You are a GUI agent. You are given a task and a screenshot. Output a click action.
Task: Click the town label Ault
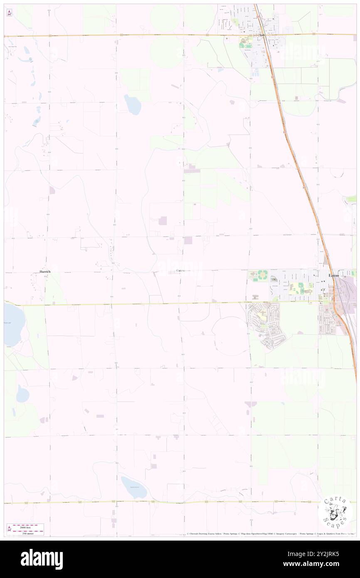tap(262, 35)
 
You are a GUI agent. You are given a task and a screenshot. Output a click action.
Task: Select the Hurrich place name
tap(45, 272)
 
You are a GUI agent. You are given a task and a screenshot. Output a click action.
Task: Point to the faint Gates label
tap(180, 271)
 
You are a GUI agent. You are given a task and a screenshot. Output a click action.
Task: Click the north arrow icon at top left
tap(9, 13)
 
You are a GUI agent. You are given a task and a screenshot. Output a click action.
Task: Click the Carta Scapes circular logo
tap(335, 511)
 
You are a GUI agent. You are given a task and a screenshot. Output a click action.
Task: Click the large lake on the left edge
tap(13, 324)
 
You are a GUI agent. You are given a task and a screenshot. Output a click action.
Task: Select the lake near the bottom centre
tap(133, 487)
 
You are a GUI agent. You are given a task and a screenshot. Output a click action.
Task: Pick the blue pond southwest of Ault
tap(133, 104)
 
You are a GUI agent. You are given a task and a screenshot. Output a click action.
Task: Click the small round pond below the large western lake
tap(23, 393)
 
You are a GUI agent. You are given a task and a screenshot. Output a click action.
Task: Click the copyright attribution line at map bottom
tap(270, 534)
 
